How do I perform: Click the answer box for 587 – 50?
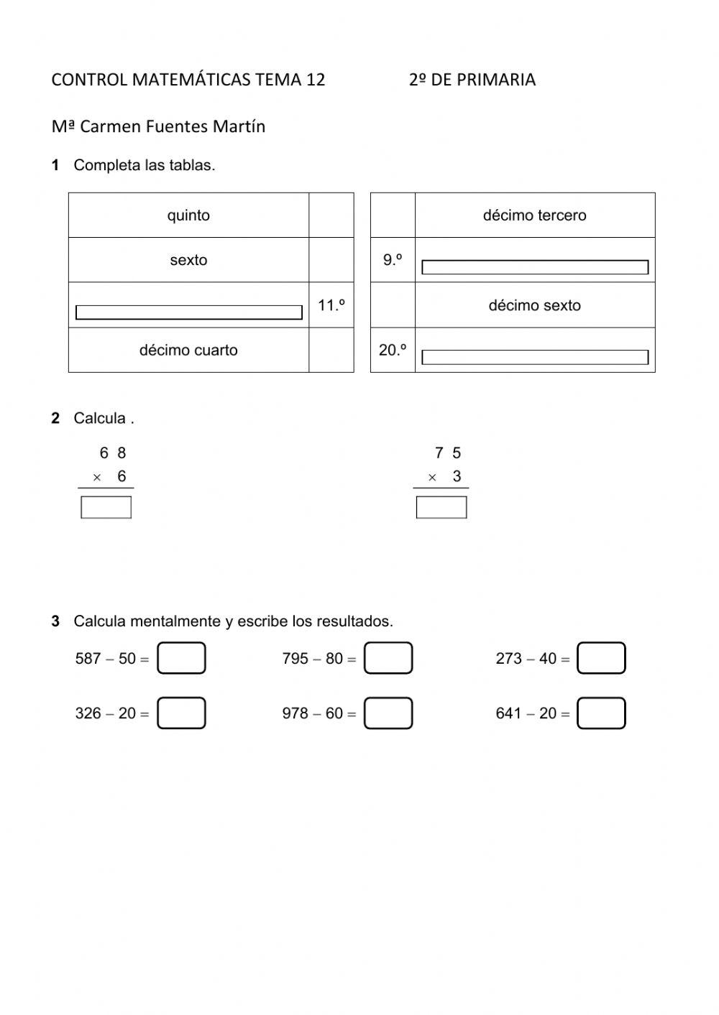coord(181,658)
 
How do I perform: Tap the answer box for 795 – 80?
coord(388,658)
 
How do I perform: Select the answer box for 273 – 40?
coord(601,658)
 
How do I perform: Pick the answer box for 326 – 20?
coord(181,713)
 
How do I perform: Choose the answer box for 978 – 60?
coord(388,713)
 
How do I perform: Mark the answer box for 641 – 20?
coord(601,713)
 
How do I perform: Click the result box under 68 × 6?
coord(106,507)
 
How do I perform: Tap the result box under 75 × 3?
coord(441,507)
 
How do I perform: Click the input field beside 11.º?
coord(188,312)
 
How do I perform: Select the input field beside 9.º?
coord(534,267)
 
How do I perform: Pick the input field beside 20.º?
coord(534,357)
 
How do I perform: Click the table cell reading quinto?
coord(188,215)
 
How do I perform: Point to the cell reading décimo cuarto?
coord(188,351)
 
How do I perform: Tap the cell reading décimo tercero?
coord(534,215)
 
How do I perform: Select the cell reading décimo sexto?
coord(534,305)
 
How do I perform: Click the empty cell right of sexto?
coord(331,260)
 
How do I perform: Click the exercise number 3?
coord(55,621)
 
